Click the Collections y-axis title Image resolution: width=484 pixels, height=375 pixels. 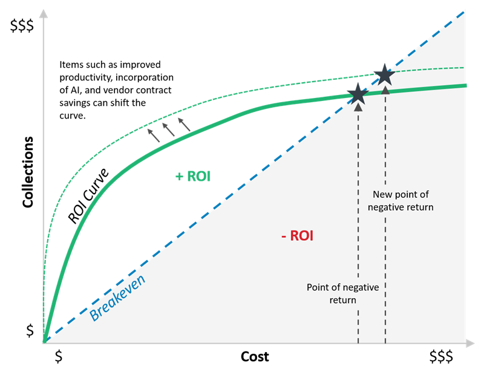pyautogui.click(x=28, y=172)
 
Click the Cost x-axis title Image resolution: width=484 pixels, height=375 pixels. pyautogui.click(x=255, y=356)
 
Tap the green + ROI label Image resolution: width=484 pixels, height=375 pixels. pyautogui.click(x=193, y=176)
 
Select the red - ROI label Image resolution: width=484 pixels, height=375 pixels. pyautogui.click(x=298, y=236)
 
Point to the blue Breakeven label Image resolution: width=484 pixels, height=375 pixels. pyautogui.click(x=117, y=298)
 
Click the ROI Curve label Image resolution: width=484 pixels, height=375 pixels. pyautogui.click(x=88, y=196)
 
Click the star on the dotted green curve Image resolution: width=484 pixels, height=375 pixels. pyautogui.click(x=385, y=74)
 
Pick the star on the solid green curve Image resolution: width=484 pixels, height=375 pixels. pyautogui.click(x=358, y=94)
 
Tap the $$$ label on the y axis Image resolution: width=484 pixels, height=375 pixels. pyautogui.click(x=22, y=25)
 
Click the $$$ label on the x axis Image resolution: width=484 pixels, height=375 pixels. pyautogui.click(x=442, y=356)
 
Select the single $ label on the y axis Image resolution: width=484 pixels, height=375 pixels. pyautogui.click(x=30, y=331)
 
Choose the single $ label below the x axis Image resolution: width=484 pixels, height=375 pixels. pyautogui.click(x=59, y=356)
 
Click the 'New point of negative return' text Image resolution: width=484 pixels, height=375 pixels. pyautogui.click(x=401, y=201)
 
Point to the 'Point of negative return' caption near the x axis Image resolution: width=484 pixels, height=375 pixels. pyautogui.click(x=342, y=293)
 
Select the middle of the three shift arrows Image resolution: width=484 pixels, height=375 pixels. pyautogui.click(x=169, y=129)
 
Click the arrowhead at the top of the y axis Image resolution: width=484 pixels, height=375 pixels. pyautogui.click(x=44, y=13)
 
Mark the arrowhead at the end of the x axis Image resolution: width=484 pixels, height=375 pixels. pyautogui.click(x=470, y=343)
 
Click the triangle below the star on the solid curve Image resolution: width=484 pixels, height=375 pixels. pyautogui.click(x=358, y=107)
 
